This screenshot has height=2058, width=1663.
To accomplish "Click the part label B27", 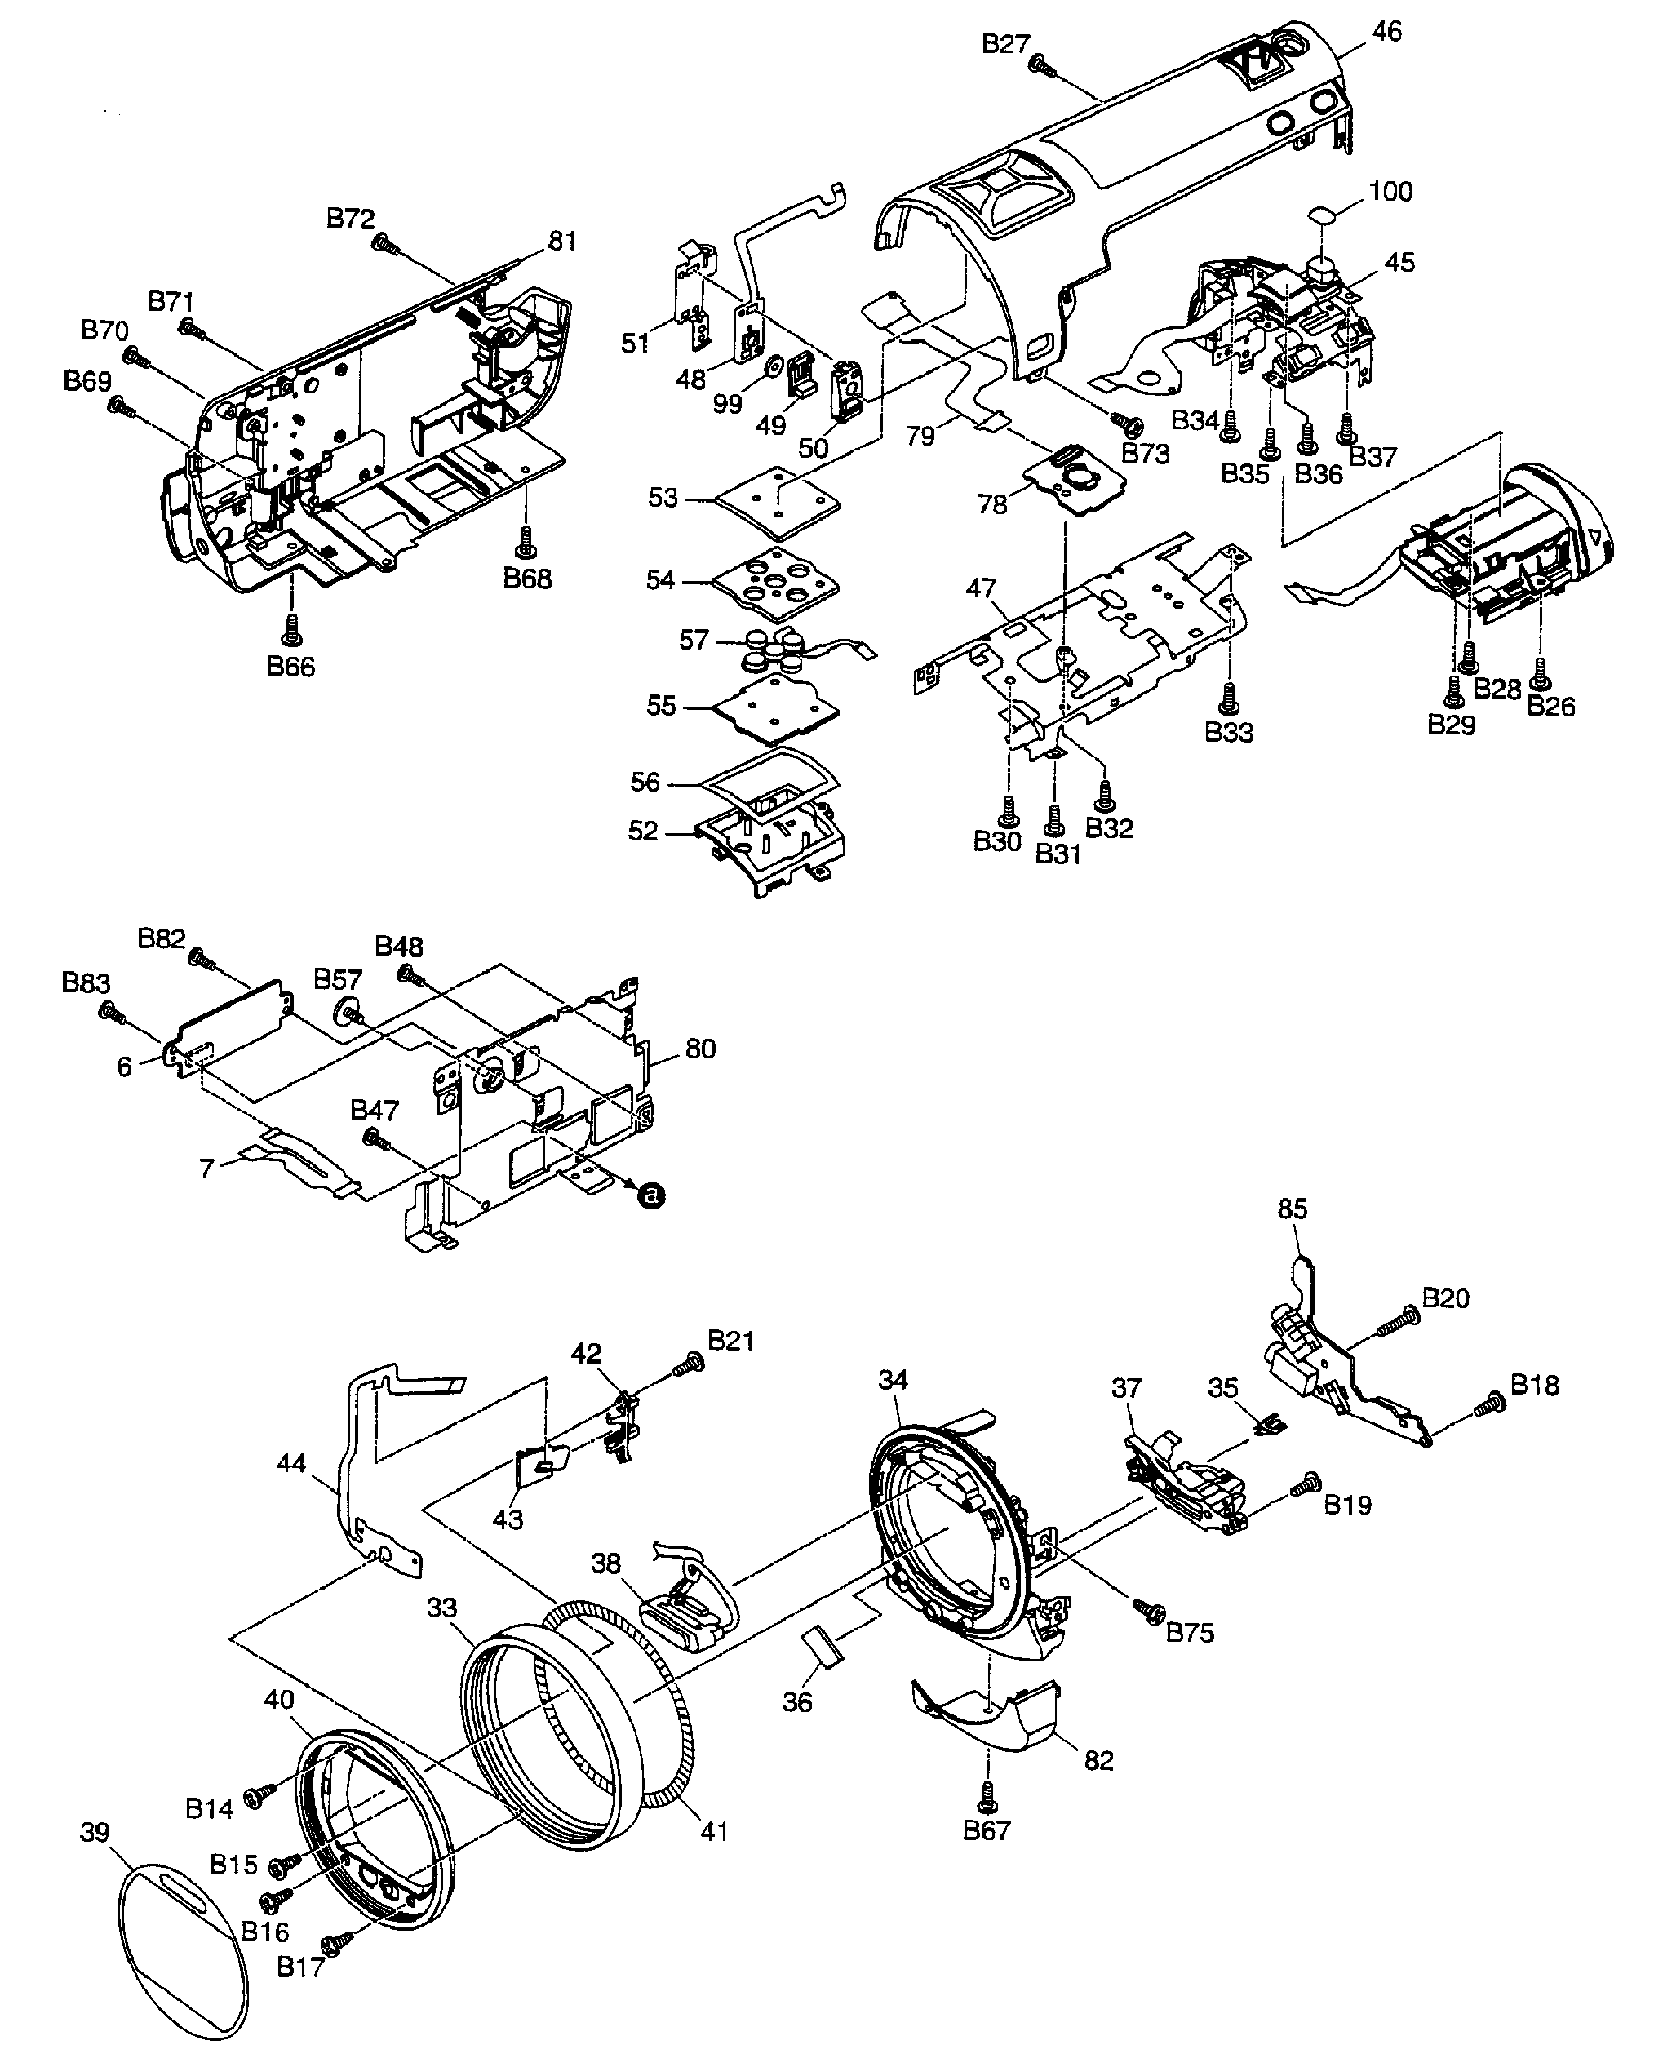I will (x=1004, y=43).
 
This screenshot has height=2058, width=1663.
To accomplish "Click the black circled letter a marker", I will (x=651, y=1195).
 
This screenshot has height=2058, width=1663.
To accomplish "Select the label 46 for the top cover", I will (x=1386, y=32).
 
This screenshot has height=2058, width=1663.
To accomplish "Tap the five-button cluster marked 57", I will (x=774, y=647).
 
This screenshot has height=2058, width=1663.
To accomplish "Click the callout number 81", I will (x=561, y=242).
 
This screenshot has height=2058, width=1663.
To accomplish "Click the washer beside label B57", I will (x=347, y=1012).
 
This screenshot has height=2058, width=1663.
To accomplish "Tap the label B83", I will (x=86, y=983).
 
